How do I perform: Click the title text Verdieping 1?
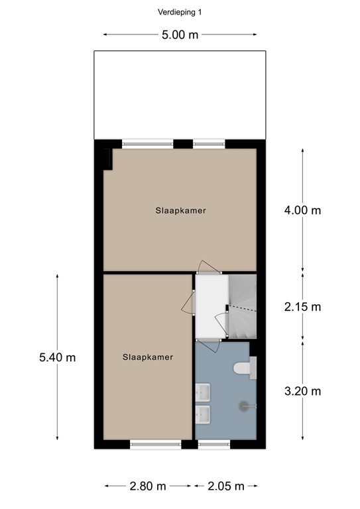click(180, 11)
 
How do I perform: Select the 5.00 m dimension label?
click(180, 35)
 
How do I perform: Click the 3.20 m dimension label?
click(302, 391)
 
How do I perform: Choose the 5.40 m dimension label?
click(57, 358)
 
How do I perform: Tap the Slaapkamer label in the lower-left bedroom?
click(147, 357)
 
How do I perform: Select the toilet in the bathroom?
click(243, 368)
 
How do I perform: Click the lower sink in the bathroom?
click(203, 415)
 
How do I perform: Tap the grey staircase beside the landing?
click(242, 305)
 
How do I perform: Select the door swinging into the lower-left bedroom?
click(188, 305)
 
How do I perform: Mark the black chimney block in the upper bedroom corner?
click(107, 158)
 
